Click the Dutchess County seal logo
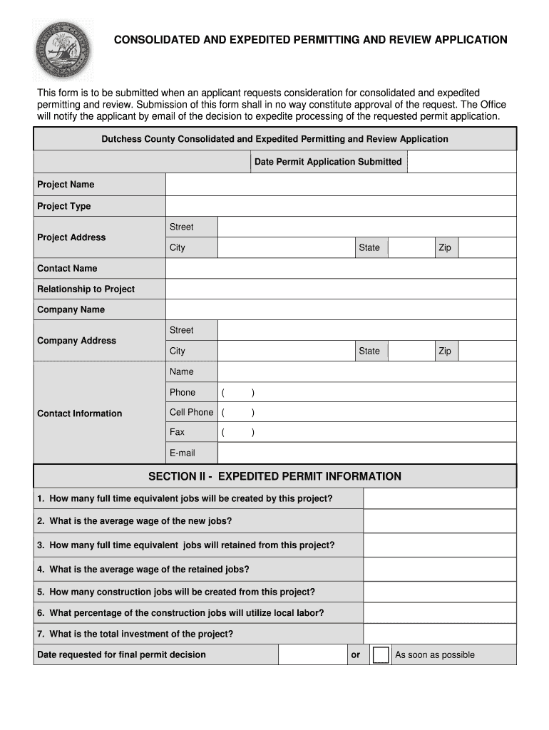[63, 49]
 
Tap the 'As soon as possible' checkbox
[381, 655]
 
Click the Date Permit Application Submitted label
[328, 162]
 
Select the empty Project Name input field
[341, 185]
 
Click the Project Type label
[64, 206]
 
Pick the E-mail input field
[366, 453]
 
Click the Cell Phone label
[191, 412]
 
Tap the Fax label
[177, 432]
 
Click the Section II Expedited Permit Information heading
[274, 476]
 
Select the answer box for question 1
[439, 499]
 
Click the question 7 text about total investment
[135, 634]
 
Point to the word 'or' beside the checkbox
[356, 655]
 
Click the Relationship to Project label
[86, 289]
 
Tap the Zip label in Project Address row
[445, 247]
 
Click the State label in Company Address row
[369, 351]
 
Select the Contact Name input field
[341, 269]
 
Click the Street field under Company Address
[366, 330]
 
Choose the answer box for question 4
[439, 570]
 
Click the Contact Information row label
[79, 413]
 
